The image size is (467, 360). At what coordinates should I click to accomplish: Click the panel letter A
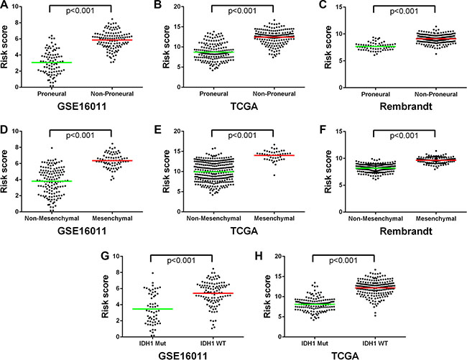6,6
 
